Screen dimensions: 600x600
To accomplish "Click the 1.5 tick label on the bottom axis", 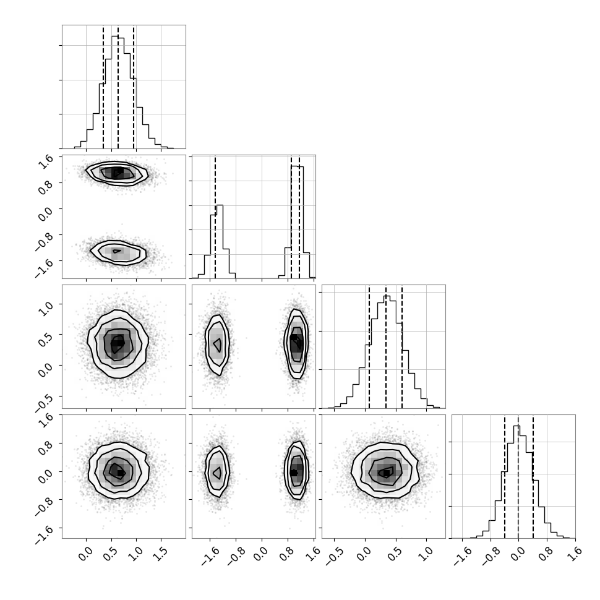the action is (161, 554).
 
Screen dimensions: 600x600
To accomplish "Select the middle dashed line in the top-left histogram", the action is (118, 87).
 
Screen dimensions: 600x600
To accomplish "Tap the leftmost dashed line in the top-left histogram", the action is (103, 87).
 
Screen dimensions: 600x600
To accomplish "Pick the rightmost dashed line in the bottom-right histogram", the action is (533, 476).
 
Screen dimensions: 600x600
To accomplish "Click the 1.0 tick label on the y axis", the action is (46, 309).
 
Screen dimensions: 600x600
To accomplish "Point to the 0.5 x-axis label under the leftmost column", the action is (111, 554).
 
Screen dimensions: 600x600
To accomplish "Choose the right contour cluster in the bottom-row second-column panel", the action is (296, 471).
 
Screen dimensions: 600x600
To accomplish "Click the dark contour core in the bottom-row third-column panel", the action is (387, 473).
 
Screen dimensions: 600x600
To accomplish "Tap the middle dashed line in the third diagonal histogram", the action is (386, 346).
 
